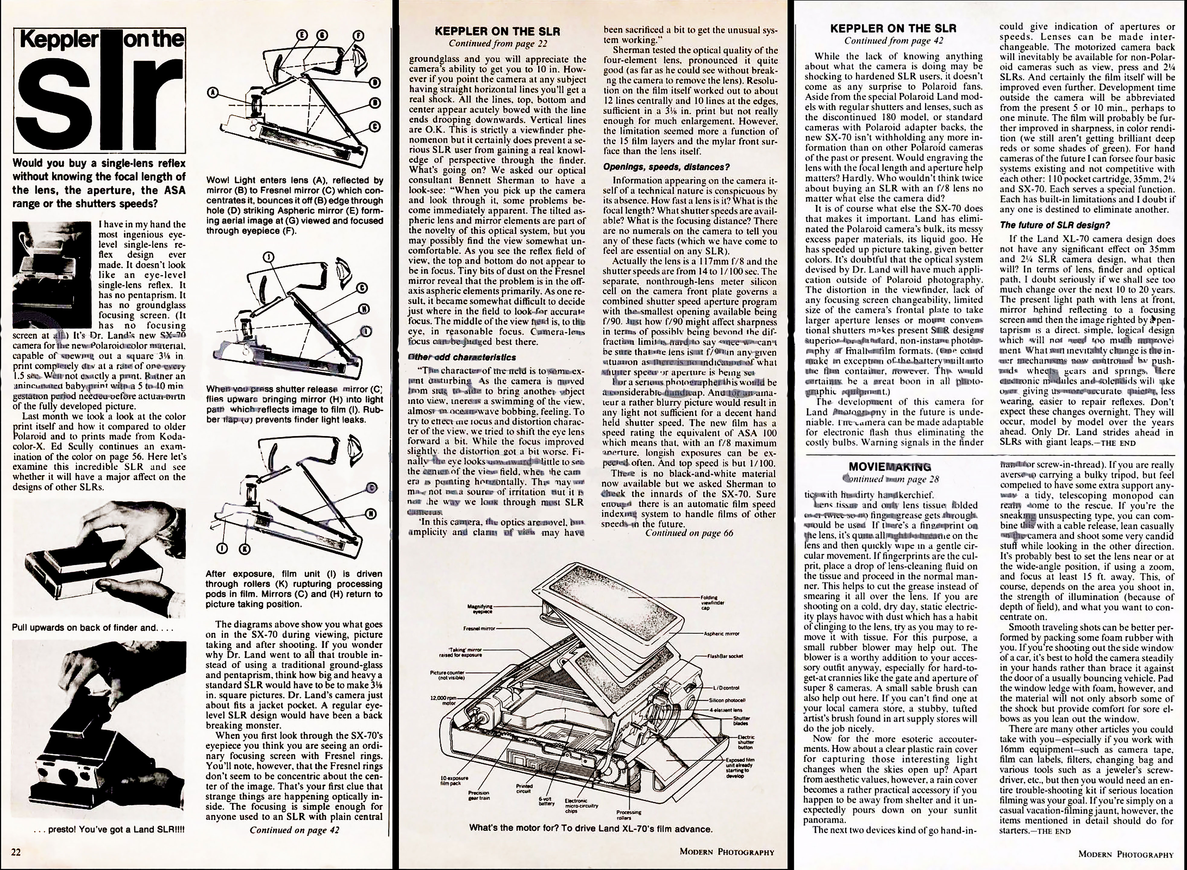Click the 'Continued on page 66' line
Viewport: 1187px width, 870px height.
point(689,533)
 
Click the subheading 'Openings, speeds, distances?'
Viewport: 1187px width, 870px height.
point(666,167)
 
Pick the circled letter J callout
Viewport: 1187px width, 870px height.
point(270,257)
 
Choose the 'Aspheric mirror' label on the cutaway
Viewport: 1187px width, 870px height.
point(721,634)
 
